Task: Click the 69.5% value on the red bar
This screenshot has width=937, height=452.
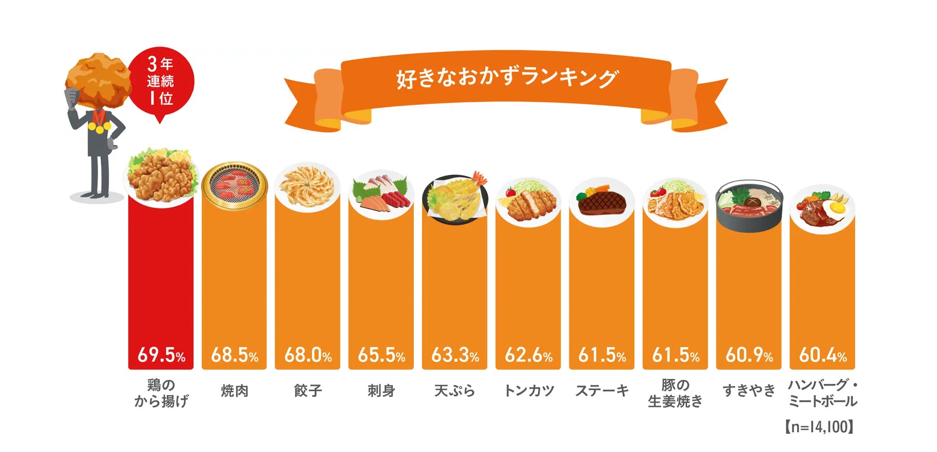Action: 161,354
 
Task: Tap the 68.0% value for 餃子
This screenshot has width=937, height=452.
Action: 308,354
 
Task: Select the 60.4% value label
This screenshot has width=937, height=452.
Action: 822,354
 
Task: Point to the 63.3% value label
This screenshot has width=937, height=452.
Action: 454,354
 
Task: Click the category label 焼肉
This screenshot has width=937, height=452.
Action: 234,390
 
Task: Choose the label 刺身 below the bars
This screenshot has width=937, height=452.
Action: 381,390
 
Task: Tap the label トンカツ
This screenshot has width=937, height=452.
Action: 528,390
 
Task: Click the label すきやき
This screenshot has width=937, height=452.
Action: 749,390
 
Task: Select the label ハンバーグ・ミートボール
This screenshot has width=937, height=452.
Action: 822,393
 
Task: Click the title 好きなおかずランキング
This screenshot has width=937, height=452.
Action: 506,78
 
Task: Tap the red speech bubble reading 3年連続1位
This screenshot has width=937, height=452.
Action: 161,81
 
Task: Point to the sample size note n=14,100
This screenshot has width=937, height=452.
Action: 819,427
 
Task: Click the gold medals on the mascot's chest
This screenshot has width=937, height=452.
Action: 99,127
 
